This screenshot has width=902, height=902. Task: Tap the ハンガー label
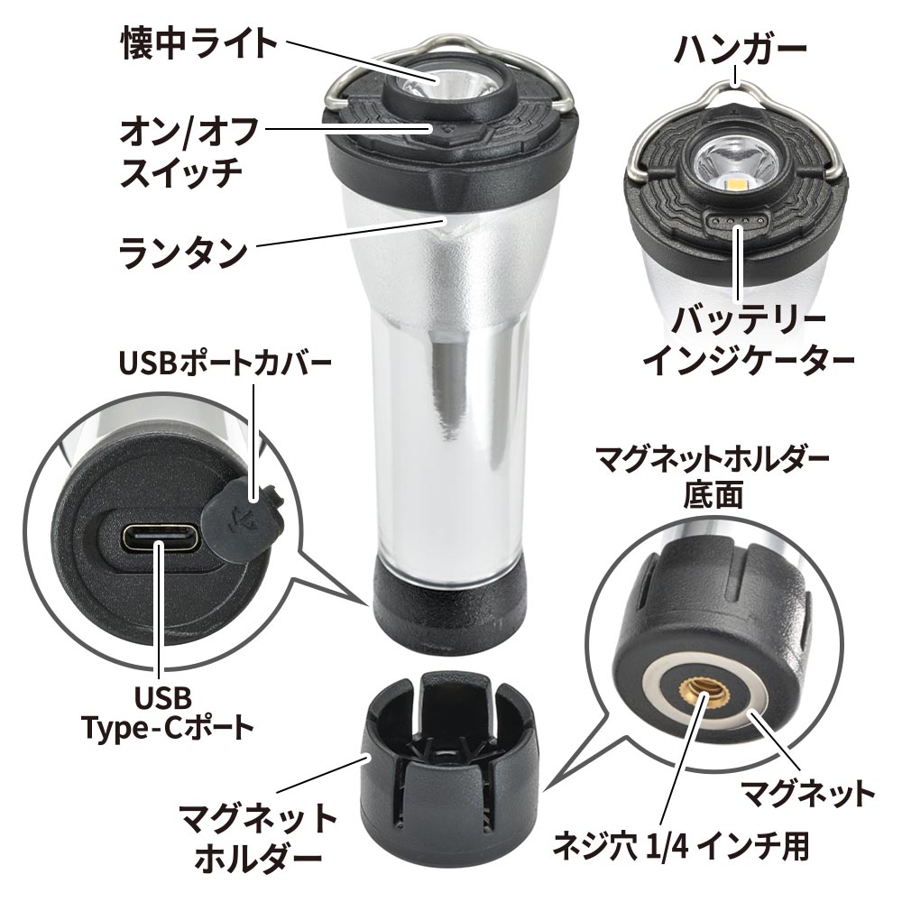741,49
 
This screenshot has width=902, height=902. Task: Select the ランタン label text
183,252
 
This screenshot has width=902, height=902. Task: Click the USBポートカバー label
225,363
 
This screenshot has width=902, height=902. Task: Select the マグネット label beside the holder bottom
808,794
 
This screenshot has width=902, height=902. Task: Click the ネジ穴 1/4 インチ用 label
681,846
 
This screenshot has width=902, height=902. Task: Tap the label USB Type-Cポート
166,713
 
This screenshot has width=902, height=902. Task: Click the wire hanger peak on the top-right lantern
735,84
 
